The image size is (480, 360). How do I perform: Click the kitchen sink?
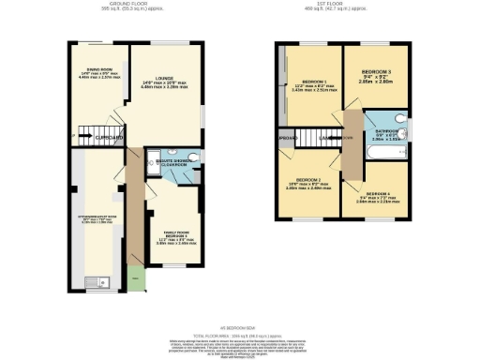[94, 282]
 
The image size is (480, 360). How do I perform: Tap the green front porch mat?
[138, 278]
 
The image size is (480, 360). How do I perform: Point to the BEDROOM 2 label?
[309, 183]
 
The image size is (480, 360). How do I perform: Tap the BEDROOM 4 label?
[376, 197]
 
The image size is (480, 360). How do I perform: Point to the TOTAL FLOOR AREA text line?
[239, 335]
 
